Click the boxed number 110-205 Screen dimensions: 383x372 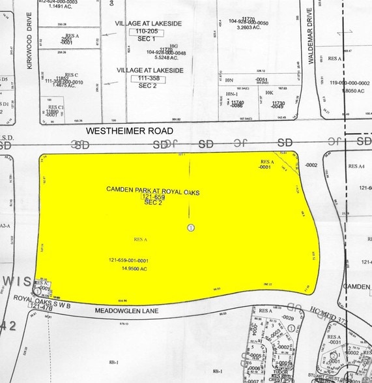pyautogui.click(x=147, y=31)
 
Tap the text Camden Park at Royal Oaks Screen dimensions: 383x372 pyautogui.click(x=152, y=189)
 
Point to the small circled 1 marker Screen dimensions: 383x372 pyautogui.click(x=190, y=227)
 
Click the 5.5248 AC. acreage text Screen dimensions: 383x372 pyautogui.click(x=163, y=57)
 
